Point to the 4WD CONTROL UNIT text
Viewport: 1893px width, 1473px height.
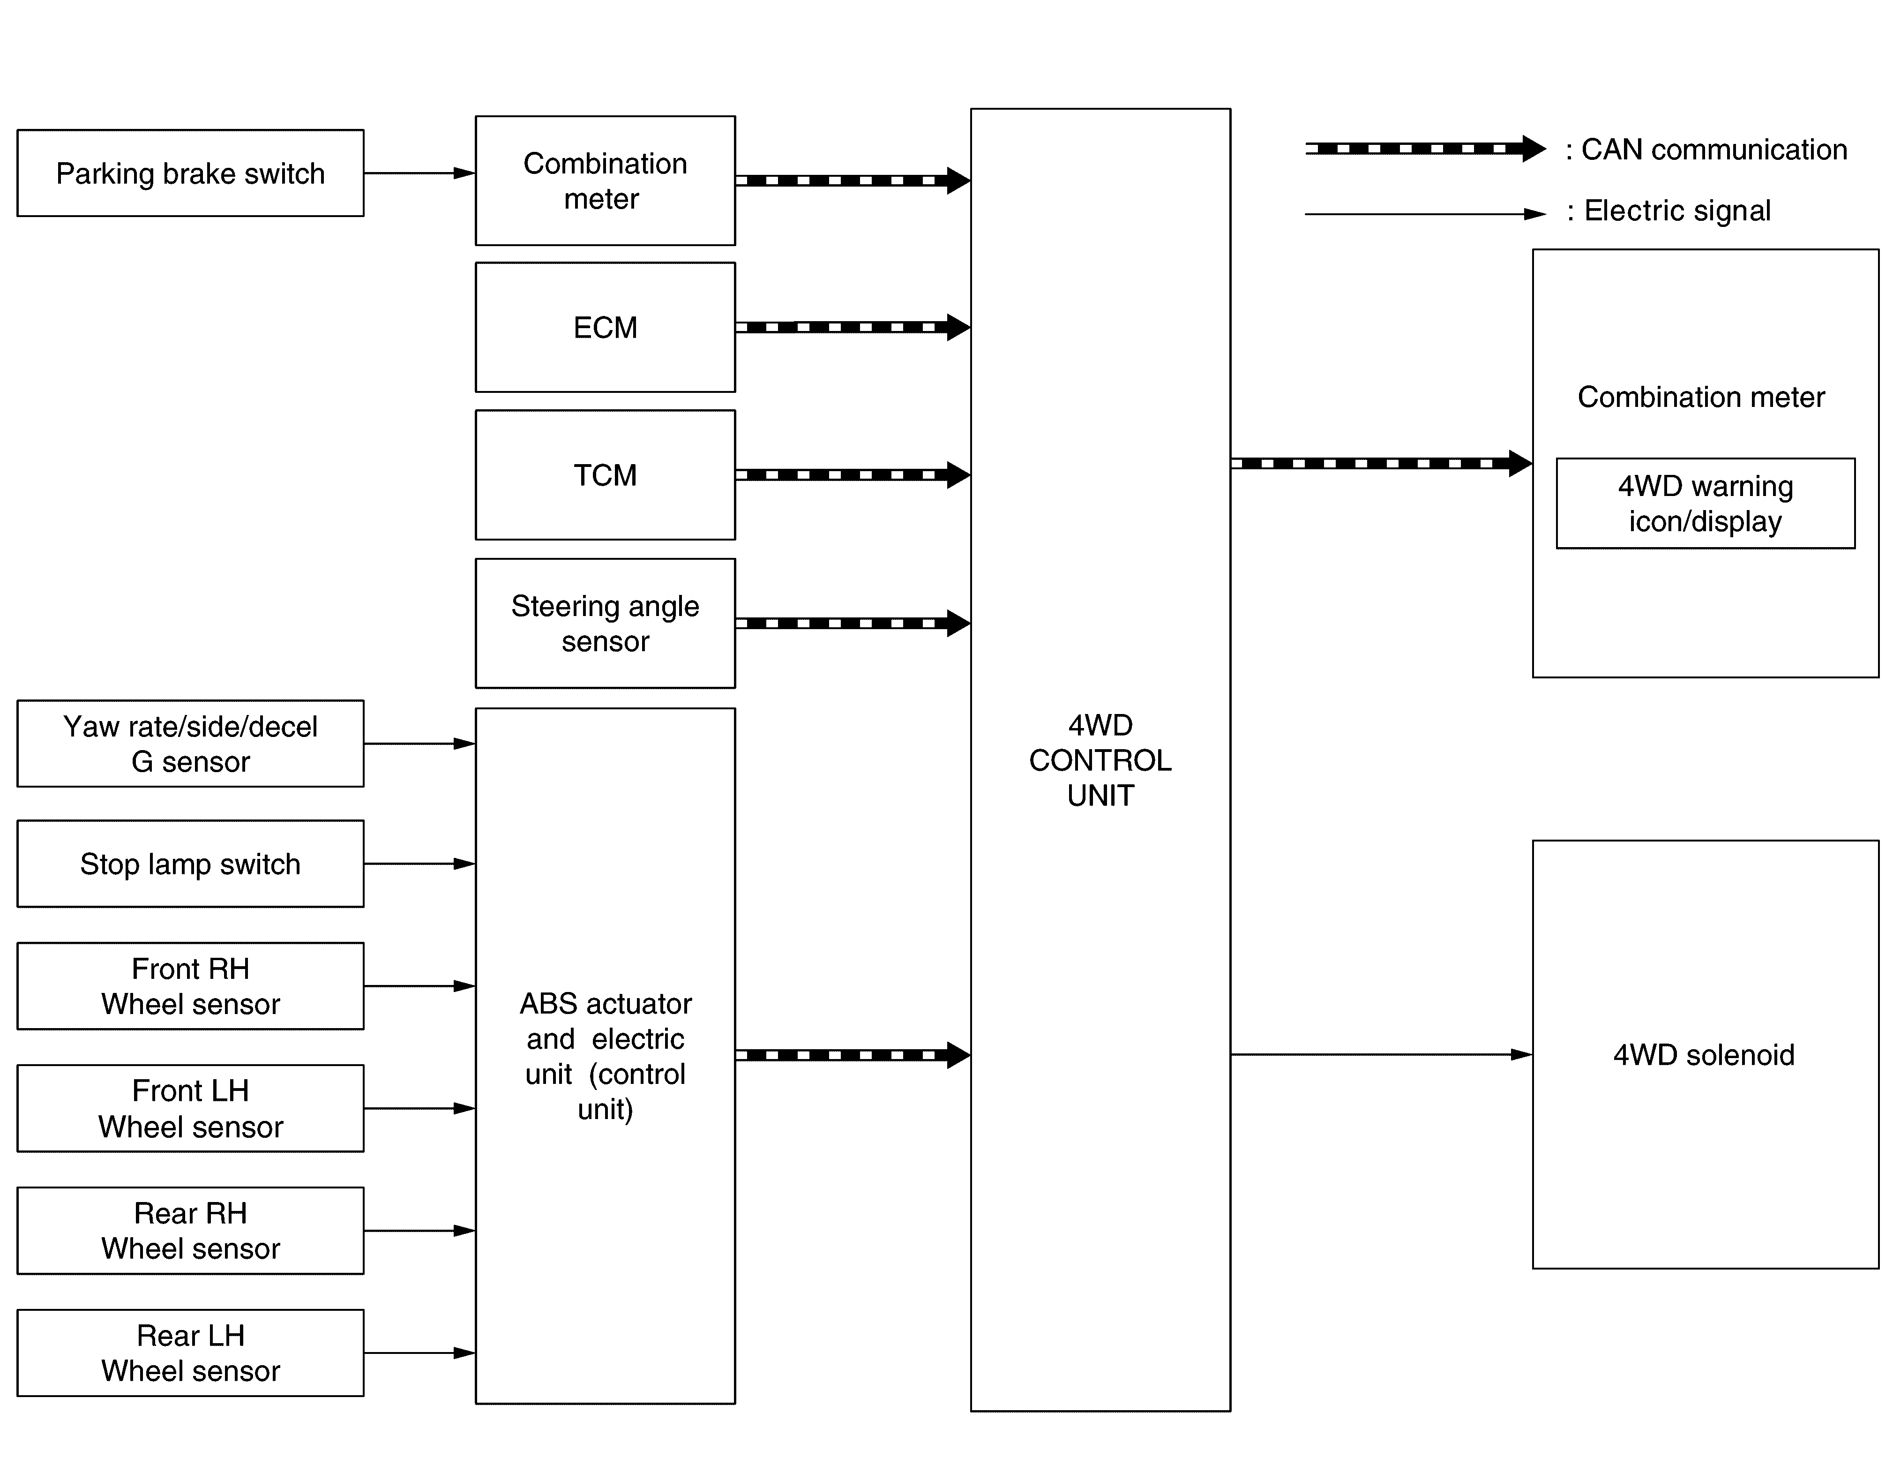(x=1100, y=760)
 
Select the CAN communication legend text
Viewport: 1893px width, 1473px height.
(x=1706, y=149)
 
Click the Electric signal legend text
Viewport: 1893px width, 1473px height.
(x=1669, y=210)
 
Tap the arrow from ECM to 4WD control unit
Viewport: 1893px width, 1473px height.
(x=853, y=327)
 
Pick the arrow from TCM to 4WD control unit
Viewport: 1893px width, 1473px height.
(x=853, y=475)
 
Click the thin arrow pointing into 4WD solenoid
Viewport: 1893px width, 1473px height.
(x=1382, y=1054)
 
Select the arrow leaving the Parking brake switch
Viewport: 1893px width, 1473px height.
(x=419, y=173)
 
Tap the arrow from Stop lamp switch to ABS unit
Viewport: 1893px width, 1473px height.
(x=419, y=864)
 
